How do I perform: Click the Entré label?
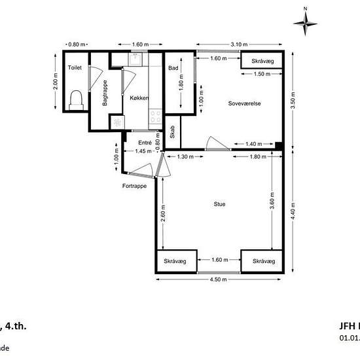[x=145, y=142]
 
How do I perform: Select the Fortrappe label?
[x=134, y=186]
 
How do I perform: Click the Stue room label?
[x=220, y=204]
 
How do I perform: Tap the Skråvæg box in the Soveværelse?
[x=262, y=61]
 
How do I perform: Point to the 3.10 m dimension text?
[x=240, y=45]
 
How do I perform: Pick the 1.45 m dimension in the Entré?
[x=143, y=151]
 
